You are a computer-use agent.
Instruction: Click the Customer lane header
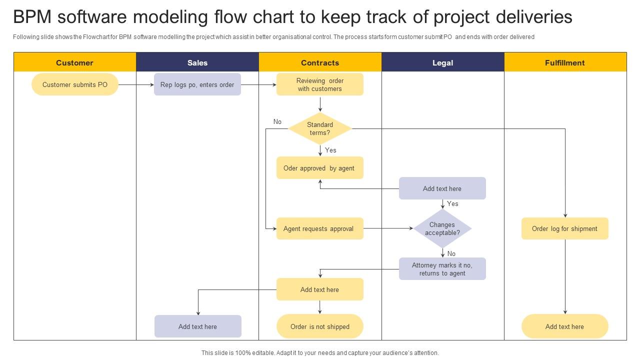coord(74,62)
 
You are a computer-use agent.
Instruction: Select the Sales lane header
coord(197,62)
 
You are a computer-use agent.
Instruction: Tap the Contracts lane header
coord(320,62)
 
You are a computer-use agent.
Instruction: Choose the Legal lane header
coord(442,62)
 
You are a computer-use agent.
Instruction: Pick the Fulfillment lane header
coord(565,62)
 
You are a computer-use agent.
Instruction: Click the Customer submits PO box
coord(75,84)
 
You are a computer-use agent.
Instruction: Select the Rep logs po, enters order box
coord(197,84)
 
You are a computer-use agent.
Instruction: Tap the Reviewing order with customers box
coord(320,84)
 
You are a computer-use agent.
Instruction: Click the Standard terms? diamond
coord(320,128)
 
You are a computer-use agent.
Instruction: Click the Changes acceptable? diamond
coord(442,228)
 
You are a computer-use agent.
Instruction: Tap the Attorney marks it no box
coord(442,269)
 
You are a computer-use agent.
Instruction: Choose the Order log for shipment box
coord(565,228)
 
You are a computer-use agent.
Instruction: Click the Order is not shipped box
coord(320,326)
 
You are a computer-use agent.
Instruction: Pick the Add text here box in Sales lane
coord(198,326)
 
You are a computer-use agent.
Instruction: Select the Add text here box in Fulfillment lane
coord(565,326)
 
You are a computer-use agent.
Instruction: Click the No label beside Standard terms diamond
coord(277,121)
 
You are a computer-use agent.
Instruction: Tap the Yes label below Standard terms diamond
coord(330,150)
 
